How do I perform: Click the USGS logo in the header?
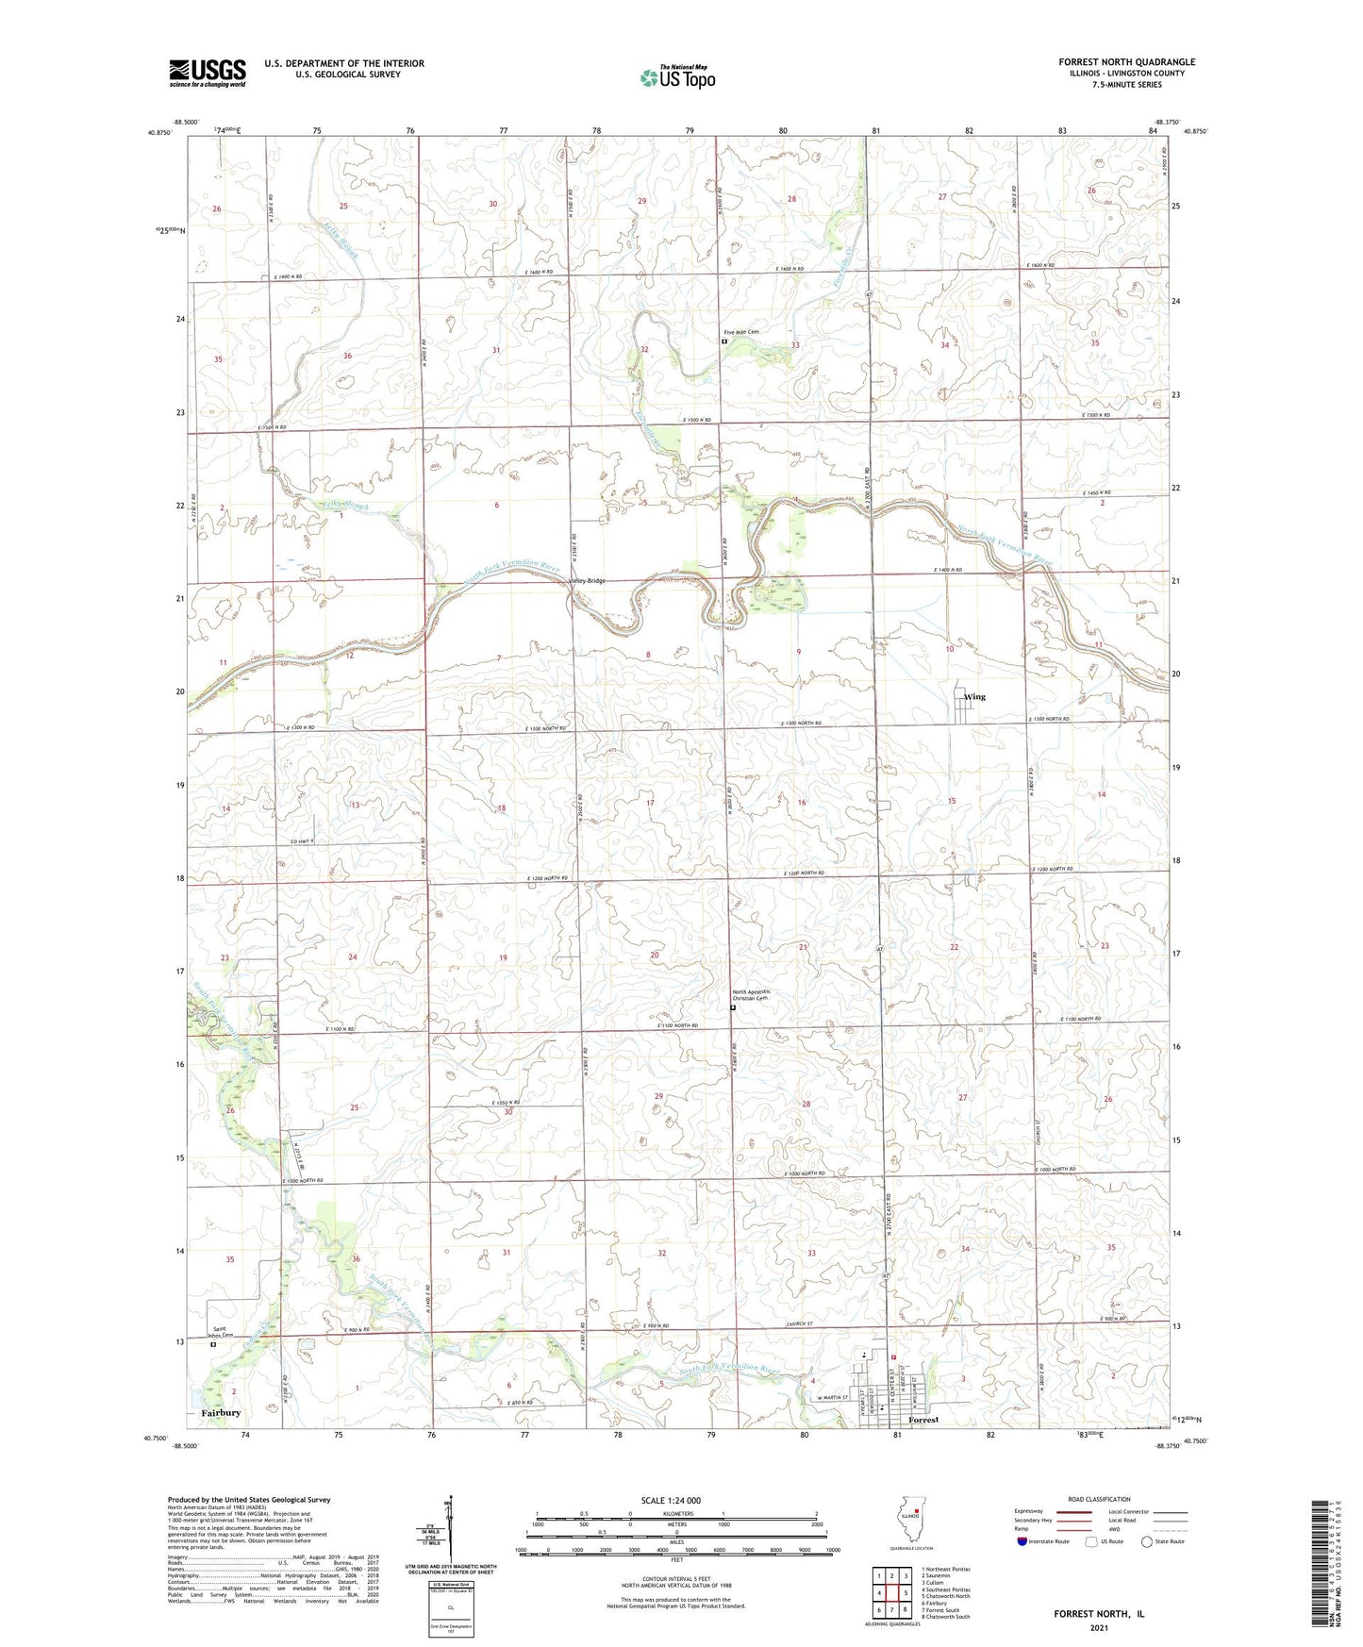(x=208, y=73)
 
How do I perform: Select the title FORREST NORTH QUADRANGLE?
(x=1126, y=62)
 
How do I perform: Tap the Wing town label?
(x=974, y=697)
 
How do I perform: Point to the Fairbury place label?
(x=221, y=1413)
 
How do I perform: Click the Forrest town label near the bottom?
(x=924, y=1420)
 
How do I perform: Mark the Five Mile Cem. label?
(x=740, y=332)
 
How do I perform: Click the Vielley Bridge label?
(x=587, y=581)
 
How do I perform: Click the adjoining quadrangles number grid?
(x=891, y=1593)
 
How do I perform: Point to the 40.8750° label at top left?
(x=158, y=132)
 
